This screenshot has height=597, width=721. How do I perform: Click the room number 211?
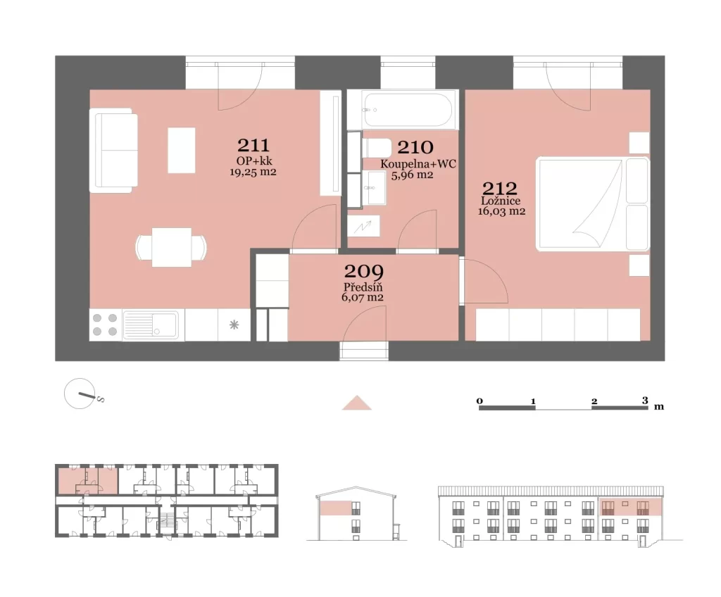253,145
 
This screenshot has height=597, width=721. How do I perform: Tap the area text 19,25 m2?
253,172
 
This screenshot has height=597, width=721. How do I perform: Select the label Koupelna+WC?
418,164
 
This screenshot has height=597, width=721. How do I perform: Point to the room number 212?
499,188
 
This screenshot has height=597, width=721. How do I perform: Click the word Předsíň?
363,287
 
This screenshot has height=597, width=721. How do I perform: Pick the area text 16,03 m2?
501,211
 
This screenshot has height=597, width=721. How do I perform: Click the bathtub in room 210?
408,110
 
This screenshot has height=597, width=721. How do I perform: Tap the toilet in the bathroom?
377,148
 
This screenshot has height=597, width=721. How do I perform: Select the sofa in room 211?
113,151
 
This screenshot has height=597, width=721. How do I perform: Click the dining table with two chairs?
171,247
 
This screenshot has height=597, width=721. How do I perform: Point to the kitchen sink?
151,325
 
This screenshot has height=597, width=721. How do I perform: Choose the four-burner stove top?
105,325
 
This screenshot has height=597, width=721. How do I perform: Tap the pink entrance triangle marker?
357,403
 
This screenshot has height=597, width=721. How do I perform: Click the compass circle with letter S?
80,394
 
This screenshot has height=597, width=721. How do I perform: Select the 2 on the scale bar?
594,401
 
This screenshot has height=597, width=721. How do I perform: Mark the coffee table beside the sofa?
182,151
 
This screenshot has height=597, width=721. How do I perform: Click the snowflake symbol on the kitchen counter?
234,325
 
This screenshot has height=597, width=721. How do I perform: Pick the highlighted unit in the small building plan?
87,481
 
